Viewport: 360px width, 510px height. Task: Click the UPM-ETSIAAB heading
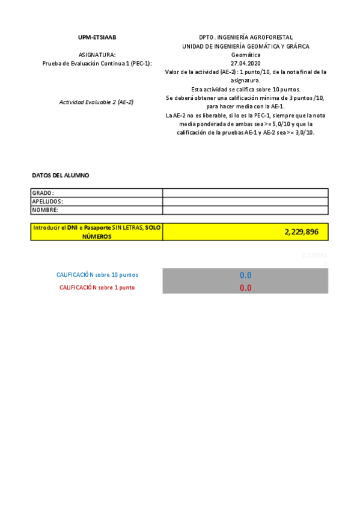click(x=97, y=37)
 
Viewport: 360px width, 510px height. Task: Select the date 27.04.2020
click(x=246, y=63)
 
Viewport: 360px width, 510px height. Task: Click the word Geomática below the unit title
click(x=246, y=54)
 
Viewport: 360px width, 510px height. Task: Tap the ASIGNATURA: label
click(x=97, y=54)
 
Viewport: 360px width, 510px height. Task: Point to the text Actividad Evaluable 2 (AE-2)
click(x=96, y=102)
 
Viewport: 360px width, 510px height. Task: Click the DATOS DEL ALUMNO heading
click(x=60, y=175)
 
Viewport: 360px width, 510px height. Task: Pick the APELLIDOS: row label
click(x=47, y=201)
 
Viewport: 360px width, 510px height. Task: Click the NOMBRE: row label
click(x=45, y=210)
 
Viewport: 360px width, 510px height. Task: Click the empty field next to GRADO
click(x=245, y=193)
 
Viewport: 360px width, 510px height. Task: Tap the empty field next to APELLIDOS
click(x=245, y=201)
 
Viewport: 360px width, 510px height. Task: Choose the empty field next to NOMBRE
click(x=245, y=210)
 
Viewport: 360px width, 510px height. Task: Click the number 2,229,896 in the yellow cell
click(x=302, y=232)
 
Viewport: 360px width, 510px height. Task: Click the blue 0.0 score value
click(x=245, y=275)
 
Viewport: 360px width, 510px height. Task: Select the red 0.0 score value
click(x=245, y=287)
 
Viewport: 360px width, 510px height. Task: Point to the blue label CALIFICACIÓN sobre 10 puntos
click(x=97, y=275)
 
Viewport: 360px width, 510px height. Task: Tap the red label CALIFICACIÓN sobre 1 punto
click(x=97, y=287)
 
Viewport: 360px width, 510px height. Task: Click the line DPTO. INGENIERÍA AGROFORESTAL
click(x=246, y=37)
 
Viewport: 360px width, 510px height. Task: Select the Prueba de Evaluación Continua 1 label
click(x=97, y=63)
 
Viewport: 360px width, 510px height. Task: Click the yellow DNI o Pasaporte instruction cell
click(x=97, y=232)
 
